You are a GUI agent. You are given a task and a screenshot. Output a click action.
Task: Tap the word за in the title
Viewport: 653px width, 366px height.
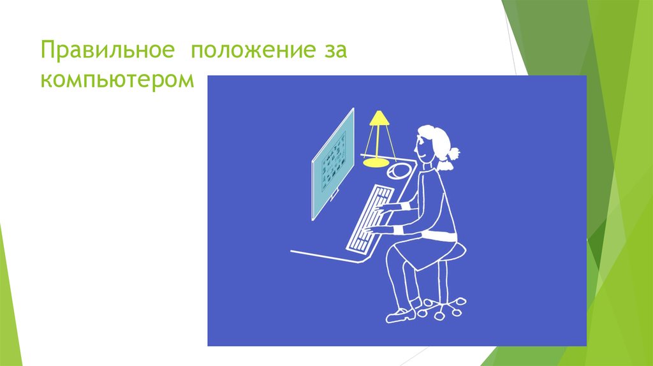pos(331,50)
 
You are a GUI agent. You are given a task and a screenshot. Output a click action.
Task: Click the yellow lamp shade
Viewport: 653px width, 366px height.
pos(378,118)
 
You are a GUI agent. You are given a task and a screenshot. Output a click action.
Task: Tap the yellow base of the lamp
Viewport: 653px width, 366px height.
pos(375,162)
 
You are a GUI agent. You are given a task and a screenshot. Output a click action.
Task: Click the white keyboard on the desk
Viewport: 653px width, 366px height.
pos(370,217)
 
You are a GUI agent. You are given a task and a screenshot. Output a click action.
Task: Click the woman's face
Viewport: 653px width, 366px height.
pos(422,148)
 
